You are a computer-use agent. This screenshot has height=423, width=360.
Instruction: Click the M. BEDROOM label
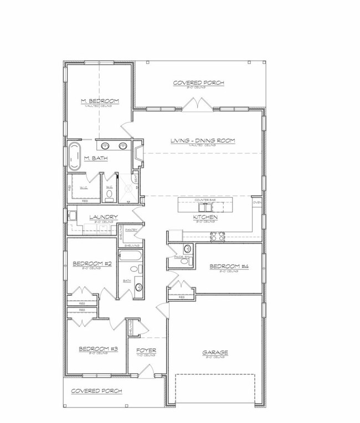click(100, 100)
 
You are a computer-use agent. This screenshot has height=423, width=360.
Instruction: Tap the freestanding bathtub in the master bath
click(74, 156)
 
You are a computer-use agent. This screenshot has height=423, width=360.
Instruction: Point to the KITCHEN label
click(205, 218)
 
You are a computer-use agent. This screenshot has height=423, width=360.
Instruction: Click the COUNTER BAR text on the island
click(204, 200)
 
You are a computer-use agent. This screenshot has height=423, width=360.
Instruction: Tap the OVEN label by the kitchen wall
click(257, 203)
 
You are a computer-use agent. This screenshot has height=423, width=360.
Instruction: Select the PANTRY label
click(131, 230)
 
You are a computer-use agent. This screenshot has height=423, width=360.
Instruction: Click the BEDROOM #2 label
click(92, 264)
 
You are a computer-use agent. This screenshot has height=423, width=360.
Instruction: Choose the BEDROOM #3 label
click(98, 348)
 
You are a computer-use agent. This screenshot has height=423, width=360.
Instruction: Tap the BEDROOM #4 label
click(228, 267)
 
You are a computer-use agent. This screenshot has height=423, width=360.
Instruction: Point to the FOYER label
click(146, 350)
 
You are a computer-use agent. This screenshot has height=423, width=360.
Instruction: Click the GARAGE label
click(215, 352)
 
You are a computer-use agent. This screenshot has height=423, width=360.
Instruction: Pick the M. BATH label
click(95, 158)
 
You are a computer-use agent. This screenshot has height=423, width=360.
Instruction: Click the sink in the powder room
click(187, 249)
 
